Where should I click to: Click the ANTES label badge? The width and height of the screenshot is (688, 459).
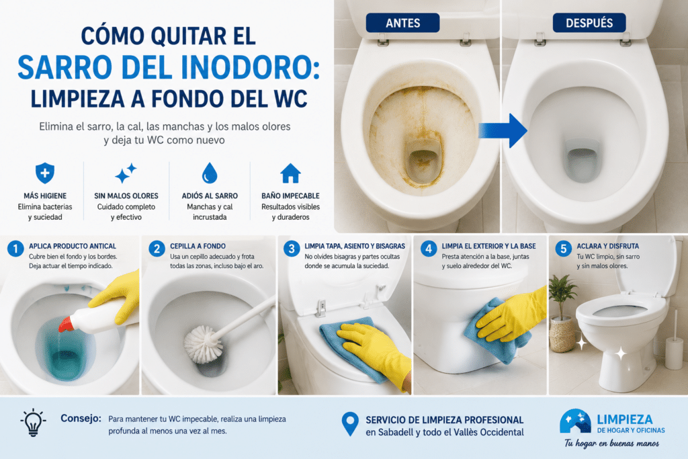[403, 23]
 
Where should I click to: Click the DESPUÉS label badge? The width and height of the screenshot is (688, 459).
[589, 23]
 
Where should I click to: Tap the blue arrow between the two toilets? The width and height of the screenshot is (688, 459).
[503, 130]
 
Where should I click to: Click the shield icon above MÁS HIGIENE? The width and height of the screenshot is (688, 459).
[45, 173]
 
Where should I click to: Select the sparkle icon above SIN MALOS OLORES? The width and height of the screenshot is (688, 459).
[126, 173]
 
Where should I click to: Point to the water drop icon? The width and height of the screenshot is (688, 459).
[210, 173]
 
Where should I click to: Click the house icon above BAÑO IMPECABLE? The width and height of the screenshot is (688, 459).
[290, 173]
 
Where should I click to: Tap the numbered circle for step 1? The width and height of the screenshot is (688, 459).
[15, 249]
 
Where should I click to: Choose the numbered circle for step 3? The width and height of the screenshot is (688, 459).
[292, 249]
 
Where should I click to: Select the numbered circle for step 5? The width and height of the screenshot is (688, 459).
[564, 249]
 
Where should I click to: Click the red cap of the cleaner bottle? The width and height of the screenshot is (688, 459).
[66, 324]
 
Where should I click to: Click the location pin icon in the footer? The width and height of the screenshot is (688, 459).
[349, 424]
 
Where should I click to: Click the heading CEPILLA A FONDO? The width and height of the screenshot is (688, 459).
[198, 246]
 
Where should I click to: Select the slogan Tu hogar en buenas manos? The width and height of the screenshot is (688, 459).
[611, 444]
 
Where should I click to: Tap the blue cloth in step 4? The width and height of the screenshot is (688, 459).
[497, 330]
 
